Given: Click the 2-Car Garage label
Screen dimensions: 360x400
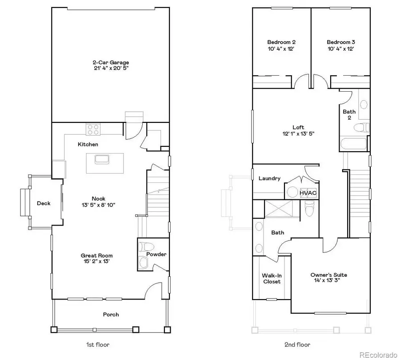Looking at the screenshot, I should click(111, 63).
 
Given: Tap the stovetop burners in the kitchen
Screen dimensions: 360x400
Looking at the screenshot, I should click(94, 129).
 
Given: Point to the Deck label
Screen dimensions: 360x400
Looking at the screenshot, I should click(44, 203).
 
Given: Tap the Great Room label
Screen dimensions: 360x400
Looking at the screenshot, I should click(96, 255).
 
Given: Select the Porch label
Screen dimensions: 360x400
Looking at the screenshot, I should click(111, 315).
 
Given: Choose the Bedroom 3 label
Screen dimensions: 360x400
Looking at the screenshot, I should click(340, 42).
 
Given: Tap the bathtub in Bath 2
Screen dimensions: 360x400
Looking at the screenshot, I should click(354, 144).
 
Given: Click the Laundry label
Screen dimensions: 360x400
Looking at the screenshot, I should click(269, 178).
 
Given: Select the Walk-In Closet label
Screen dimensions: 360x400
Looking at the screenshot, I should click(272, 278).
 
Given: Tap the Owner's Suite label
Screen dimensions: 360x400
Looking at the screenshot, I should click(328, 275).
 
